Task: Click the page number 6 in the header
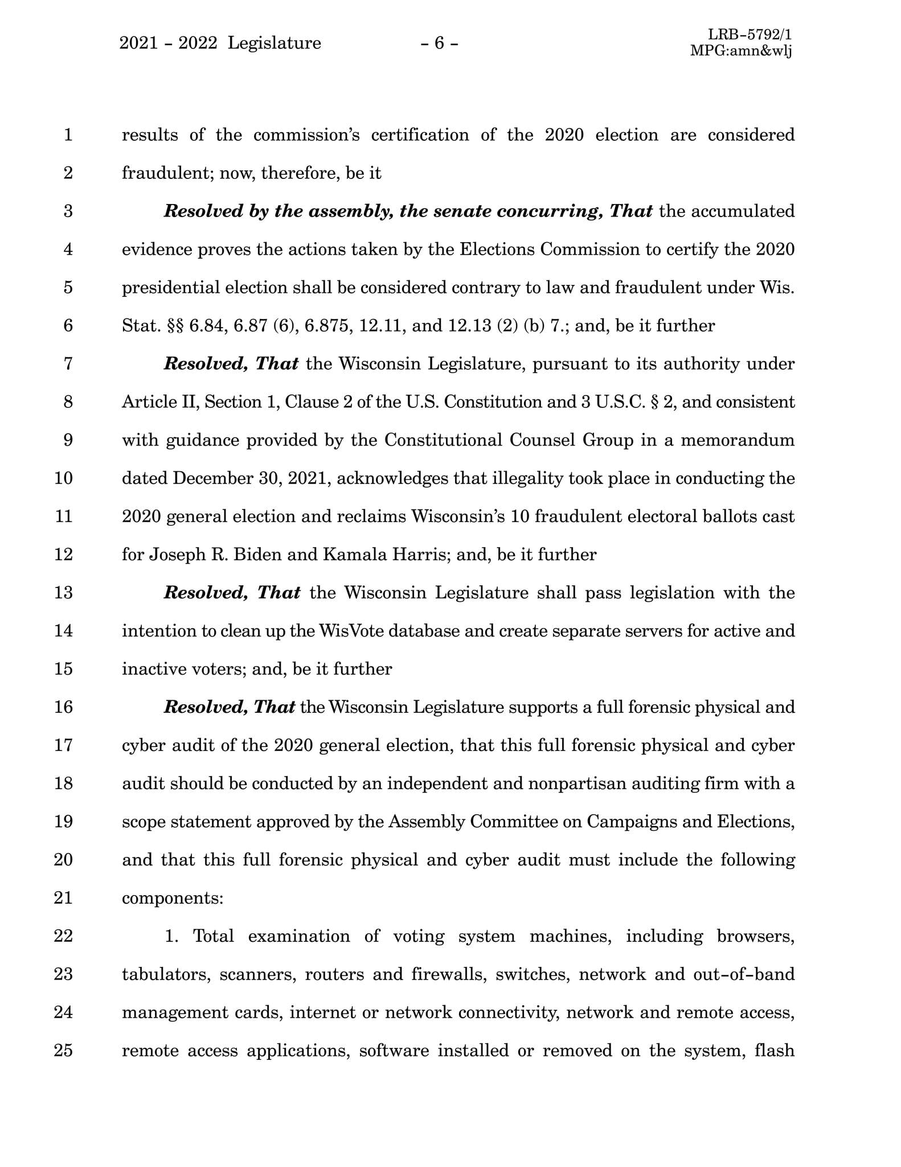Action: (439, 43)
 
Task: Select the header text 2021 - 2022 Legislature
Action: (220, 43)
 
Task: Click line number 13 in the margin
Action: (63, 593)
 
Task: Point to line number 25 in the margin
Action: (63, 1050)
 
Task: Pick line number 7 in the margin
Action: (68, 364)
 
